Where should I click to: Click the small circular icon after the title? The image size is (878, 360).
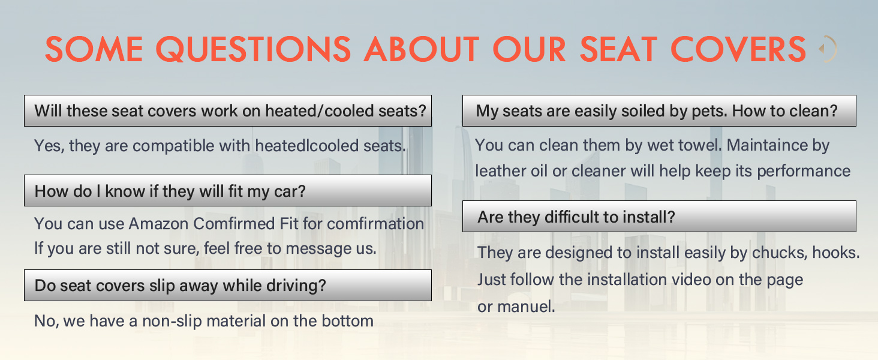pyautogui.click(x=828, y=49)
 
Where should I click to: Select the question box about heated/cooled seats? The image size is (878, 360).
pyautogui.click(x=228, y=111)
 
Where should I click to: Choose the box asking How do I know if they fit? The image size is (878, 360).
pyautogui.click(x=228, y=191)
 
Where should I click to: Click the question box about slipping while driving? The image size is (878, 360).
pyautogui.click(x=228, y=286)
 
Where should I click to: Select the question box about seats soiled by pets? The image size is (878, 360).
pyautogui.click(x=659, y=111)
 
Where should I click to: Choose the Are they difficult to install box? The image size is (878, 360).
pyautogui.click(x=659, y=217)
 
